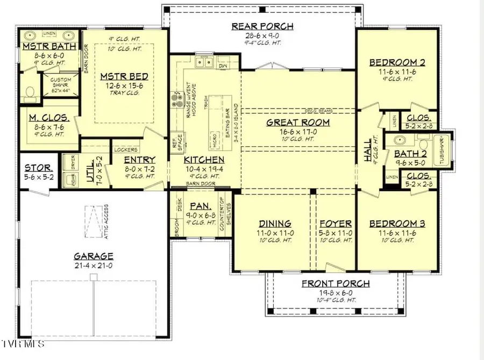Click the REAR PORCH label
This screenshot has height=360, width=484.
point(262,26)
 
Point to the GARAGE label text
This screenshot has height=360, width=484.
point(94,256)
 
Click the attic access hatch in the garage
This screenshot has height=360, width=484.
point(94,220)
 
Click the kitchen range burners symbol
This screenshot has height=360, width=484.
point(176,98)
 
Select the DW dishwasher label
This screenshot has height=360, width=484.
point(223,66)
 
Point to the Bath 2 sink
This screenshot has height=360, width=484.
point(400,141)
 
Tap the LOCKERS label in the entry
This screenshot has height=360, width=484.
point(126,150)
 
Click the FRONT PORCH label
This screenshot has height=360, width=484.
point(336,283)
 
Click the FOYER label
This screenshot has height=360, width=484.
point(336,224)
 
